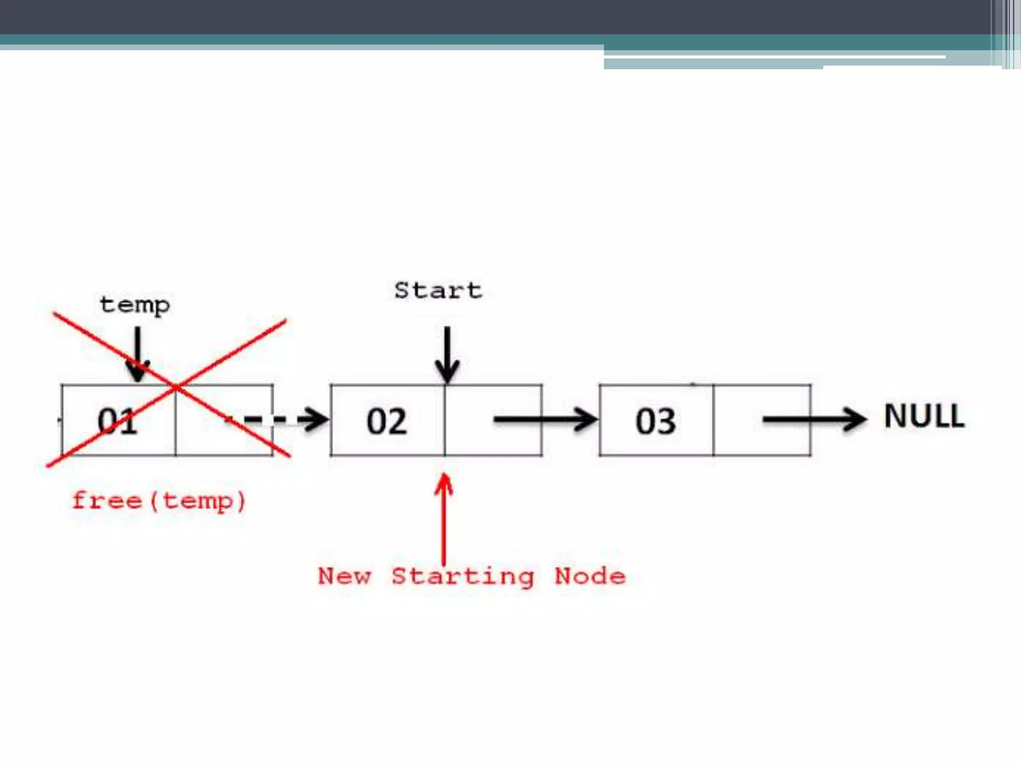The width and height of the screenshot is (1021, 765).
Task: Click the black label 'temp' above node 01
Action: coord(135,304)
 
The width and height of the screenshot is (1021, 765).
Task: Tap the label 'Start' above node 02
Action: coord(438,290)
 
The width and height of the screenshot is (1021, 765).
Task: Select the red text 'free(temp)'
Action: coord(159,501)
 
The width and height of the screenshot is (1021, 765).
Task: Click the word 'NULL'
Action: coord(924,416)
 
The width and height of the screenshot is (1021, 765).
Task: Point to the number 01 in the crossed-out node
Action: coord(117,421)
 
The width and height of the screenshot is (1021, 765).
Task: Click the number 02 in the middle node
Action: coord(386,421)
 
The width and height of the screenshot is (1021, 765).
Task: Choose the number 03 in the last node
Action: coord(655,421)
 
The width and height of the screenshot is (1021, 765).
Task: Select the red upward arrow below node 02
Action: coord(443,518)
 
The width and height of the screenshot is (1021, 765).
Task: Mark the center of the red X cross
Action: coord(176,387)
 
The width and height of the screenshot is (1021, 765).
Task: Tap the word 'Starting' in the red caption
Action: coord(463,577)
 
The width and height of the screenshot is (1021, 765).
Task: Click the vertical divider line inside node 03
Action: coord(713,420)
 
